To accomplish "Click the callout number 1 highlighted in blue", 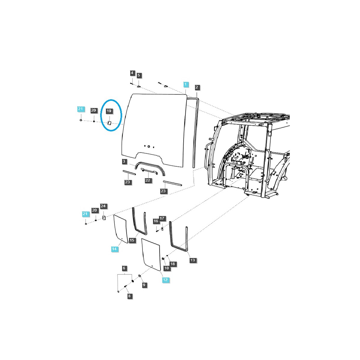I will point(186,84).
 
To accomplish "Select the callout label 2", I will point(197,87).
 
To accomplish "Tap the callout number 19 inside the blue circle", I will point(109,111).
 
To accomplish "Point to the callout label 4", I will point(132,73).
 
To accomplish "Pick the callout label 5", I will point(139,75).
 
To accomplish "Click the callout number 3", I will point(124,162).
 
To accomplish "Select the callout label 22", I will point(148,180).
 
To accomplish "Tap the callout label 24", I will point(103,206).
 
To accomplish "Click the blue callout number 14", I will point(114,249).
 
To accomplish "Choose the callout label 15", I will point(132,240).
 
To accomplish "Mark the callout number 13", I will point(193,260).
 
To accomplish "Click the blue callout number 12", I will point(165,280).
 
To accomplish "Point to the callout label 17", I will point(162,218).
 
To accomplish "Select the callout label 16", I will point(156,221).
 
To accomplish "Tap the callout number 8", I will point(129,296).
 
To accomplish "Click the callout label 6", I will point(124,268).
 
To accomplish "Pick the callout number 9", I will point(145,285).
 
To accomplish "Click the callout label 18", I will point(173,264).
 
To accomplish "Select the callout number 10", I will point(166,268).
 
